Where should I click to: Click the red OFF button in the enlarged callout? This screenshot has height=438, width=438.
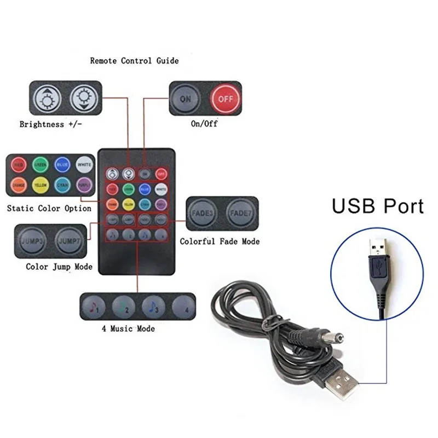(226, 99)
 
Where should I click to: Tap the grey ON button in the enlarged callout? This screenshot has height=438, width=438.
(186, 99)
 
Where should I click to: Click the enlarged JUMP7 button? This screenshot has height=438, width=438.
(70, 241)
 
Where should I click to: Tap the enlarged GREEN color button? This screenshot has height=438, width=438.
(40, 164)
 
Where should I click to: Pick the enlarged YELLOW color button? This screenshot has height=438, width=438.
(40, 185)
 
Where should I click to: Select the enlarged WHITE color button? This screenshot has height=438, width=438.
(84, 164)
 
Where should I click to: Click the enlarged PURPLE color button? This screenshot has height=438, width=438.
(84, 185)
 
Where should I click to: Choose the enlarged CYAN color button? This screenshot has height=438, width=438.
(62, 185)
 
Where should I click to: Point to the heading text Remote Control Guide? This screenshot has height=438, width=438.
(134, 61)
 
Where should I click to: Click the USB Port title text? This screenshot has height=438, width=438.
(378, 206)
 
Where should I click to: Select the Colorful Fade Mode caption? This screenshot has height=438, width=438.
(220, 241)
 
